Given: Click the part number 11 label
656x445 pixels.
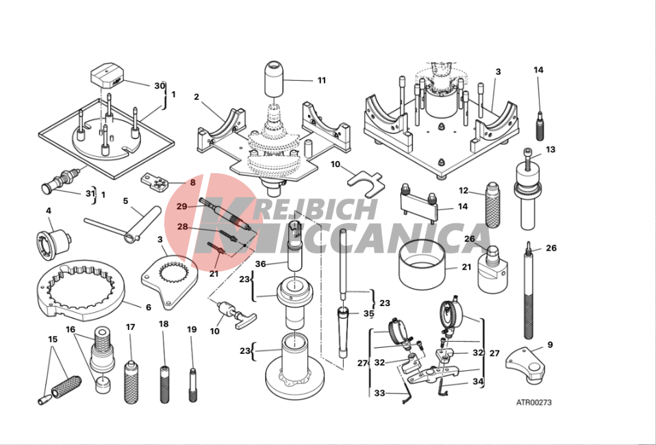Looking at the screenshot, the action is coord(321,80).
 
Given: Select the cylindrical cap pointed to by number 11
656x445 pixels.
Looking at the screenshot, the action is coord(273,79).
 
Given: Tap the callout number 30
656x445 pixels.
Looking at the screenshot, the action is coord(160,86).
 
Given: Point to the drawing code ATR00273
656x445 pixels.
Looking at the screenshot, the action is coord(533,403).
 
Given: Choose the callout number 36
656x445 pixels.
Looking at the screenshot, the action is coord(260,264).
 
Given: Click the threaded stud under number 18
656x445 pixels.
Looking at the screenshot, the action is coord(165,384).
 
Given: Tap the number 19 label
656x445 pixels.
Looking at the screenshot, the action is coord(192,329).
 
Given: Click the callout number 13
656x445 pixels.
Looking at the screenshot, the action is coord(551,149).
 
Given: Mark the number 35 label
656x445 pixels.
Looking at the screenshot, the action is coord(368,314).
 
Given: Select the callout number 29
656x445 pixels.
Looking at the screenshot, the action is coord(181,206).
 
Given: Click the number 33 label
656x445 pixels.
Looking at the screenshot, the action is coord(379,393).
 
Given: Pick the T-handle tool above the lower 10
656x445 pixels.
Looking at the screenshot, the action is coord(231,314).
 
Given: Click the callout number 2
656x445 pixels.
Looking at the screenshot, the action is coord(197,97).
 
